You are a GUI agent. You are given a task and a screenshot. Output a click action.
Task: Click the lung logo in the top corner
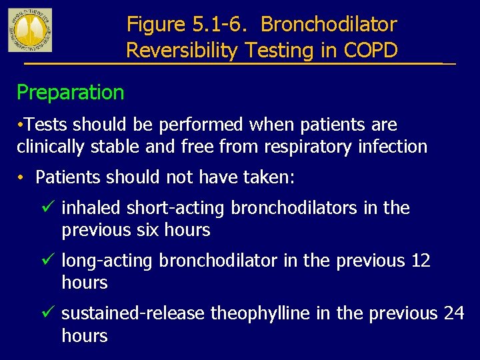click(x=30, y=30)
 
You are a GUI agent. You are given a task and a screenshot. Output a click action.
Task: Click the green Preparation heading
click(x=70, y=92)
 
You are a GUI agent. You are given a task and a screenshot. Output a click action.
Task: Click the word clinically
click(x=49, y=146)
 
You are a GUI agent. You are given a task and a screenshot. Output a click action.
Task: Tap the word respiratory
click(x=310, y=146)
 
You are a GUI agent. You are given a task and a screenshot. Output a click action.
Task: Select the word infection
click(x=394, y=146)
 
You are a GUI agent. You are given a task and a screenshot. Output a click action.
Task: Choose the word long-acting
click(x=107, y=261)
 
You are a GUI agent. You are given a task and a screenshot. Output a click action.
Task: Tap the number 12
click(x=421, y=261)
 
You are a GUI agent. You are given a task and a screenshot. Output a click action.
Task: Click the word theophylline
click(x=261, y=313)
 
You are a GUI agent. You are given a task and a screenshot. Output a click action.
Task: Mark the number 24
click(x=453, y=313)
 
